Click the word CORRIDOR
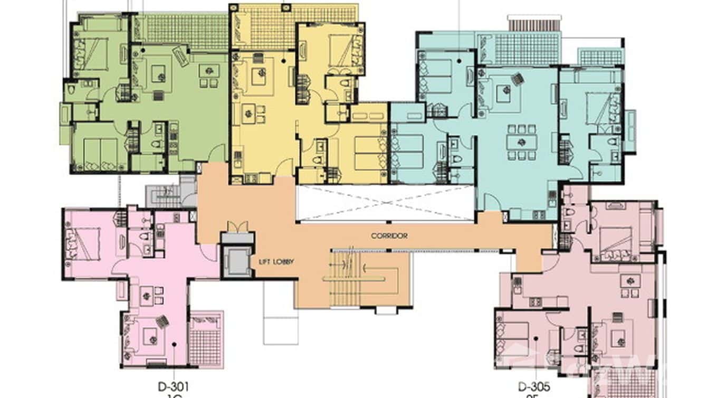pos(389,236)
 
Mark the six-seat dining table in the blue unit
pos(521,141)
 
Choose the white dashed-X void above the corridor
pos(385,203)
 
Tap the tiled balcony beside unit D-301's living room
pos(205,340)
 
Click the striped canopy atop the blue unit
pos(532,24)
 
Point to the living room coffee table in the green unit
pos(158,73)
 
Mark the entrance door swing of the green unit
pos(216,154)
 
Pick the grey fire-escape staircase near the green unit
pos(164,196)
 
